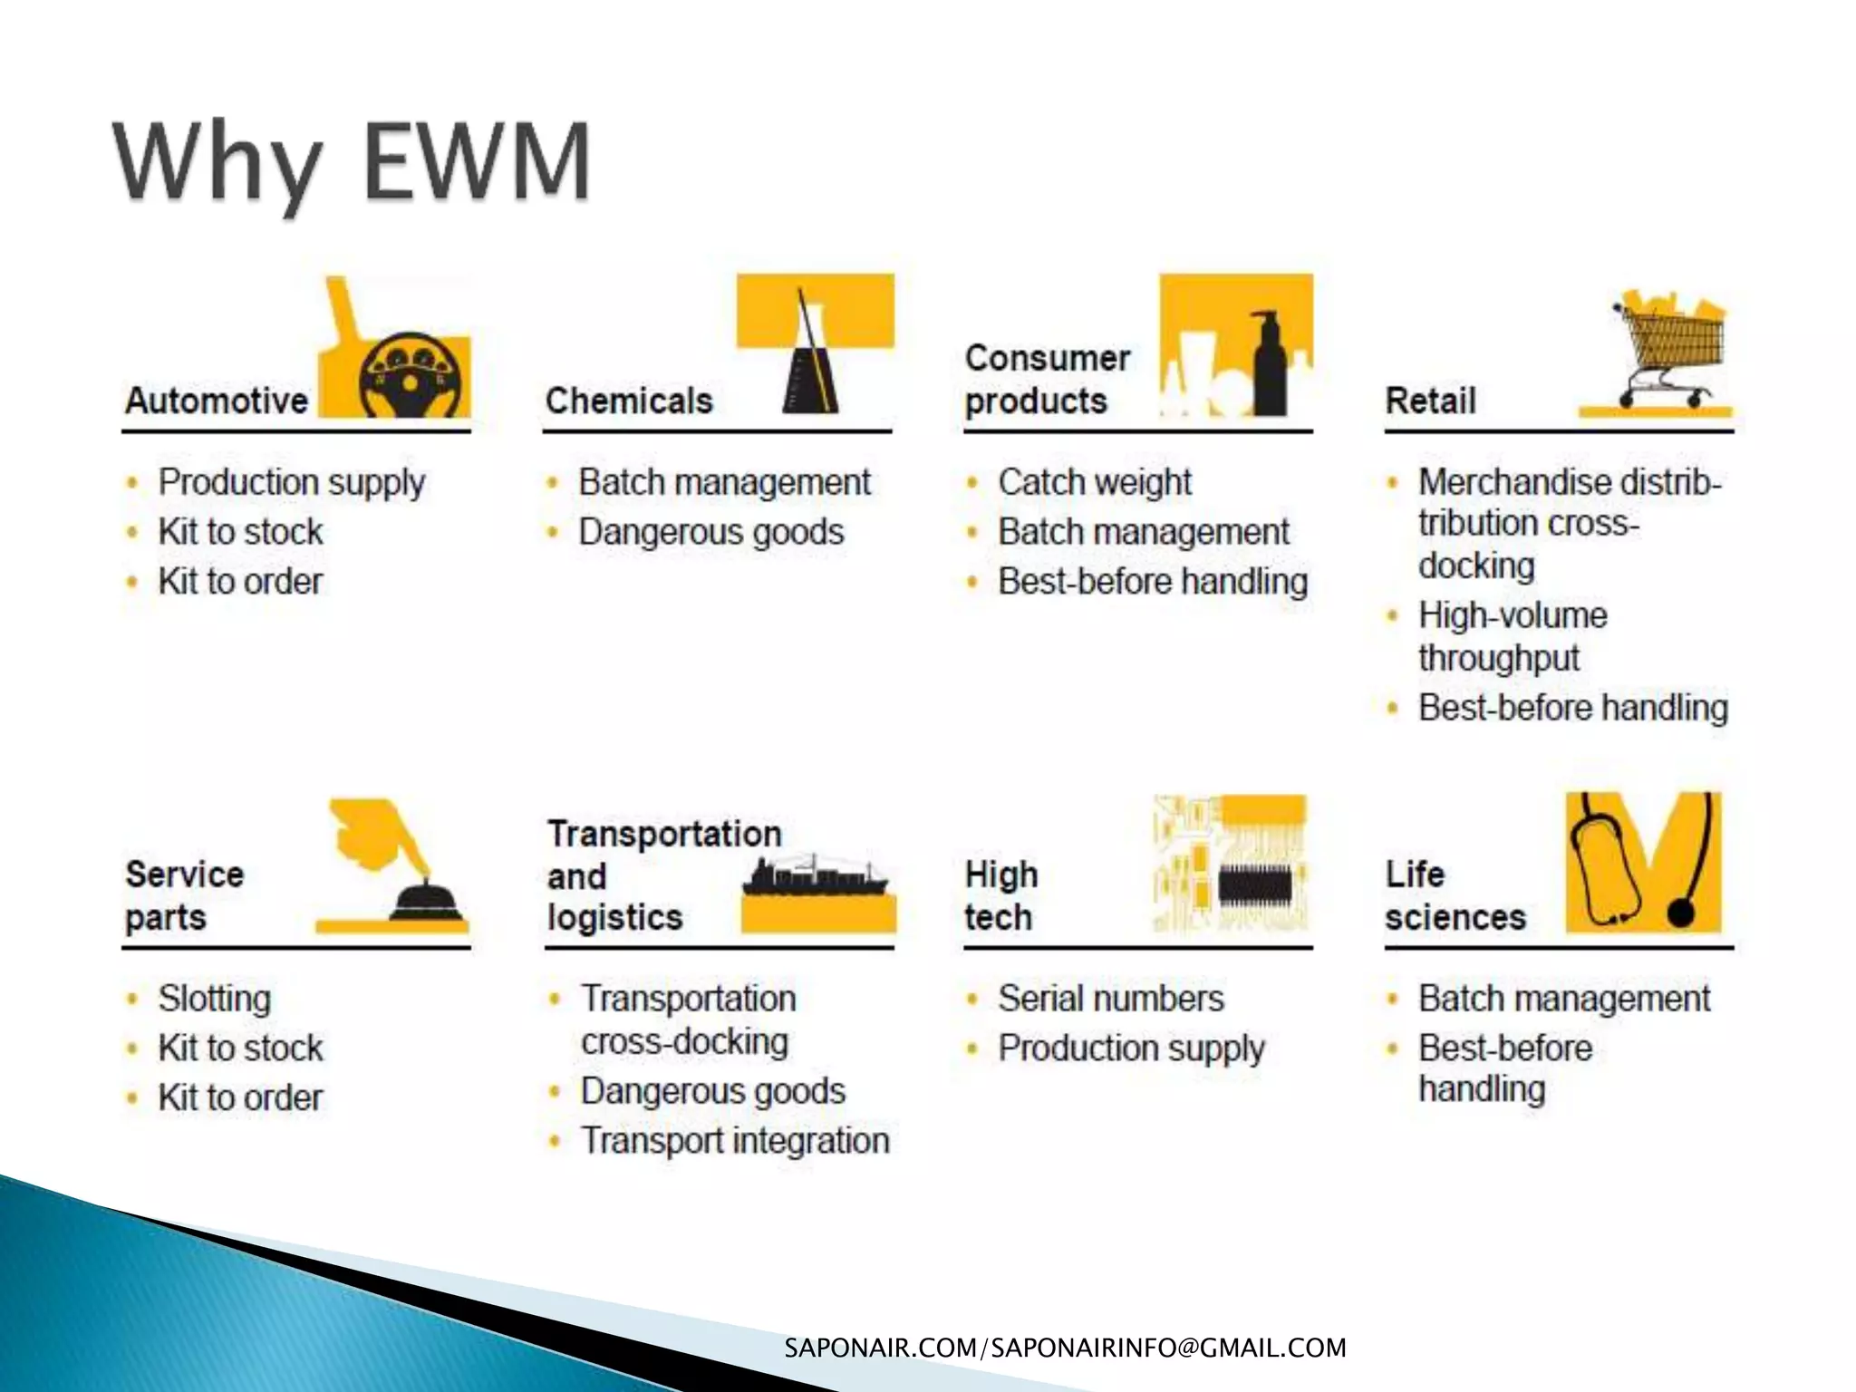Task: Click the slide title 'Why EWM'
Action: (352, 163)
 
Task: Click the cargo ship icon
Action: (816, 877)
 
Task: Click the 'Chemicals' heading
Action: (629, 401)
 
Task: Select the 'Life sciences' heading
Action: (1455, 895)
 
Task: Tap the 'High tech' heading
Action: (1000, 895)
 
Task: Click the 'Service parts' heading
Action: (184, 895)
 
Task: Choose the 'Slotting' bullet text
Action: (214, 999)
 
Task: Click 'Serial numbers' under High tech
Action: (1110, 999)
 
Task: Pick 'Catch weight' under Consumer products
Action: (1094, 482)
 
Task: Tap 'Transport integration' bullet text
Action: (735, 1140)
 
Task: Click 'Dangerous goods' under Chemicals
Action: (710, 532)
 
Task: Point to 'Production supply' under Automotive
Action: (291, 482)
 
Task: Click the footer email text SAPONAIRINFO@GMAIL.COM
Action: (1168, 1348)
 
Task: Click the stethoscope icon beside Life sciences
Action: (1640, 861)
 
